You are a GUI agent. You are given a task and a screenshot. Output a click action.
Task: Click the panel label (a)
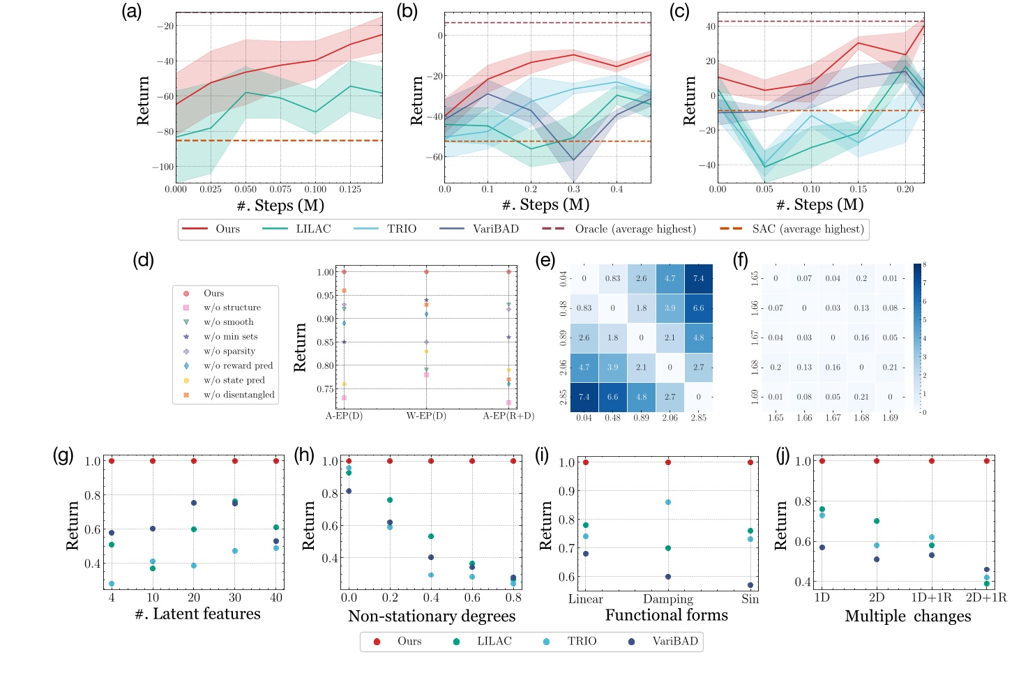click(131, 12)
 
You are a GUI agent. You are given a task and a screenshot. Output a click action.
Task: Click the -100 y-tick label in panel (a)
click(162, 167)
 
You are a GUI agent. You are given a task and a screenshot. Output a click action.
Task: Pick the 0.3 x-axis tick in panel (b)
click(574, 190)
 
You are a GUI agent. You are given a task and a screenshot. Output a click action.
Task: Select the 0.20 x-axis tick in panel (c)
click(905, 190)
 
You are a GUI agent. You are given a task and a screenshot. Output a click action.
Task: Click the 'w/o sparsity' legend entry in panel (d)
click(229, 351)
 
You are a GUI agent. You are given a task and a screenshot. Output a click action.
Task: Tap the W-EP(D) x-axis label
click(426, 416)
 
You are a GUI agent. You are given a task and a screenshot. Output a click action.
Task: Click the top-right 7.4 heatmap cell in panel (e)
click(698, 278)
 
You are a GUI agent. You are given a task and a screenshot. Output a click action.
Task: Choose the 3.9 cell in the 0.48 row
click(670, 308)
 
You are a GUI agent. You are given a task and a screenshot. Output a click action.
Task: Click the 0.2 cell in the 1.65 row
click(861, 278)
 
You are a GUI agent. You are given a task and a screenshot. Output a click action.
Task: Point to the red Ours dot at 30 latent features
click(235, 461)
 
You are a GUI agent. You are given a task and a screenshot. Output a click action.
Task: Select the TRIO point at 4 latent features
click(112, 584)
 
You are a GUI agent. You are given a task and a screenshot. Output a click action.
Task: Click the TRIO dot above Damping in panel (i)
click(668, 502)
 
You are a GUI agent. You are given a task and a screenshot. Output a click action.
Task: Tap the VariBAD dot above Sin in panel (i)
click(750, 585)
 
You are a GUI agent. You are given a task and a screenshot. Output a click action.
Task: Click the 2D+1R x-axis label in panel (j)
click(986, 598)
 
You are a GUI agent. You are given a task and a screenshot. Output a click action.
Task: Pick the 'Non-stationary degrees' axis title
click(432, 617)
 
